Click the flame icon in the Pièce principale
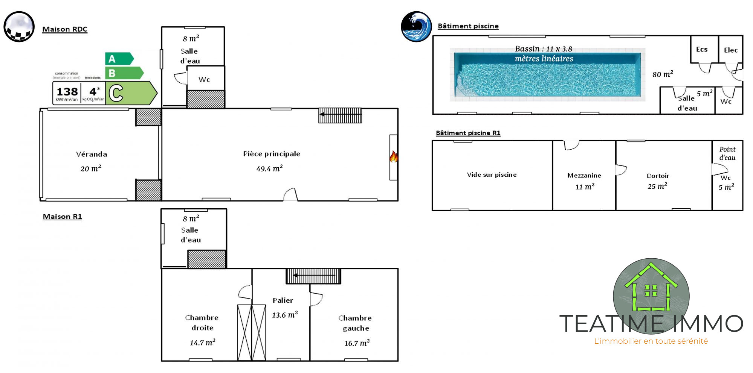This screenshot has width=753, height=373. pyautogui.click(x=394, y=156)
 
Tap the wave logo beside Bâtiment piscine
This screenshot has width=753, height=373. pyautogui.click(x=416, y=26)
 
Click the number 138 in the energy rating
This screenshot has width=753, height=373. pyautogui.click(x=67, y=92)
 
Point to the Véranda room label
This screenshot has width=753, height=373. pyautogui.click(x=92, y=154)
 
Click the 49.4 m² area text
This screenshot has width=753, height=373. pyautogui.click(x=269, y=168)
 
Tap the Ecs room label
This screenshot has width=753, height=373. pyautogui.click(x=701, y=49)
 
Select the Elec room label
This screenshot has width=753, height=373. pyautogui.click(x=730, y=50)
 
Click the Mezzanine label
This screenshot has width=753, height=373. pyautogui.click(x=584, y=176)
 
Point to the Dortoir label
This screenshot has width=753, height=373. pyautogui.click(x=658, y=176)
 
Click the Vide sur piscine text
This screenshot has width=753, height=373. pyautogui.click(x=492, y=175)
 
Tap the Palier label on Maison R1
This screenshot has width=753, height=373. pyautogui.click(x=283, y=300)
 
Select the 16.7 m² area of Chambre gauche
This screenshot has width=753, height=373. pyautogui.click(x=357, y=343)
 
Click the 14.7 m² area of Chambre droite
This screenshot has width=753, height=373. pyautogui.click(x=202, y=343)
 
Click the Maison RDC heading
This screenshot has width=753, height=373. pyautogui.click(x=65, y=29)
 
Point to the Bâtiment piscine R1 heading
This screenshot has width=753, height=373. pyautogui.click(x=468, y=133)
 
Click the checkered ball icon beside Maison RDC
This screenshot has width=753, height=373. pyautogui.click(x=19, y=27)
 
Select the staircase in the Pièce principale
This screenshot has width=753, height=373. pyautogui.click(x=340, y=115)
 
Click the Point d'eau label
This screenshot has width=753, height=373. pyautogui.click(x=727, y=153)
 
